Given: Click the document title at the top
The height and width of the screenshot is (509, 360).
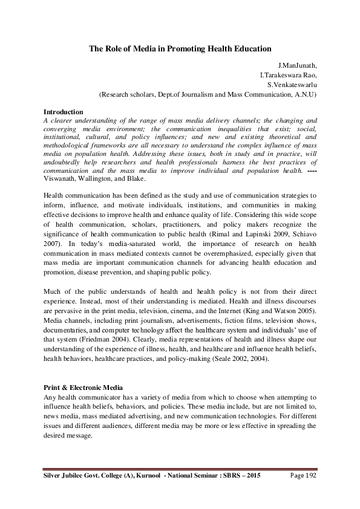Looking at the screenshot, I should coord(180,48).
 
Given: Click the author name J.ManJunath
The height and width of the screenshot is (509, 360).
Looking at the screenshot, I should coord(295,66).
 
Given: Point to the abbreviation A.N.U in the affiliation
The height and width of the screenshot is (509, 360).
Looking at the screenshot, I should coord(302,94).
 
